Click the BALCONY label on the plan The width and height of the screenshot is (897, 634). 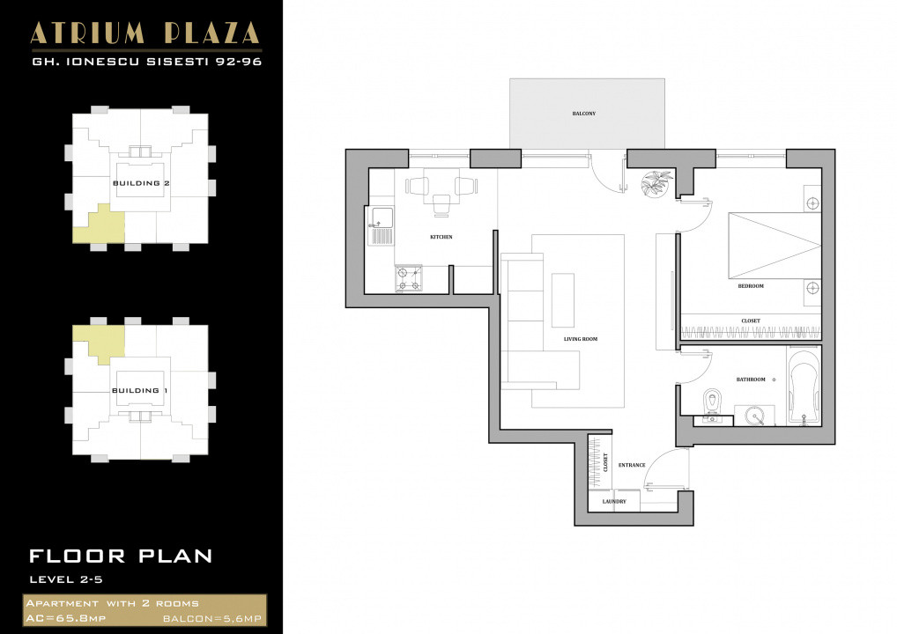pos(584,114)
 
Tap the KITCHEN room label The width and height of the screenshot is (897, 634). pos(441,237)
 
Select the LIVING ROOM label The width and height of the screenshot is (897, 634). pos(581,339)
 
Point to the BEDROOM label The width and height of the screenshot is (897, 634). pos(751,286)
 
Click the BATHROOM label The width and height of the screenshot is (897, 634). pos(751,380)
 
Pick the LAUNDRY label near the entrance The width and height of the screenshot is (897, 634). pos(614,502)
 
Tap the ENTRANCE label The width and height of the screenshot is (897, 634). pos(632,465)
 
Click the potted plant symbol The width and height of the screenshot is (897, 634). pos(656,184)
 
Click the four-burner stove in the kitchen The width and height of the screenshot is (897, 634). pos(408,279)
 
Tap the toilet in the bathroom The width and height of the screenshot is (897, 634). pos(714,402)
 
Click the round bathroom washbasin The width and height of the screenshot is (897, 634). pos(753,415)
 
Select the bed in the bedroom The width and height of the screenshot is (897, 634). pos(773,247)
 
